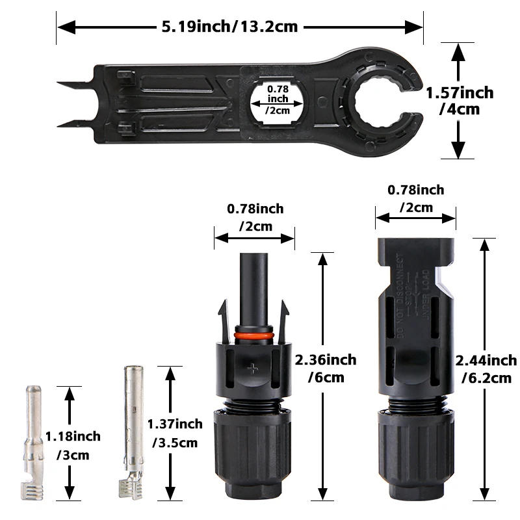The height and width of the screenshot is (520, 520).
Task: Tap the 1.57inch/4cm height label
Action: click(460, 101)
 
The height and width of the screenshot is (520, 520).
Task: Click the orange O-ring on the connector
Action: click(254, 336)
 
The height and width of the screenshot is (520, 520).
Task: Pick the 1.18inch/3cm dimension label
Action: click(72, 445)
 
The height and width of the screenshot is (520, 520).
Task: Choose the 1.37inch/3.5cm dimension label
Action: click(174, 433)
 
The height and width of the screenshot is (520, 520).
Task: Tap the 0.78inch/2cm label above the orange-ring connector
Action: click(255, 217)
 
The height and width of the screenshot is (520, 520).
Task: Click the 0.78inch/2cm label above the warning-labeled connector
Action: click(415, 198)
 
